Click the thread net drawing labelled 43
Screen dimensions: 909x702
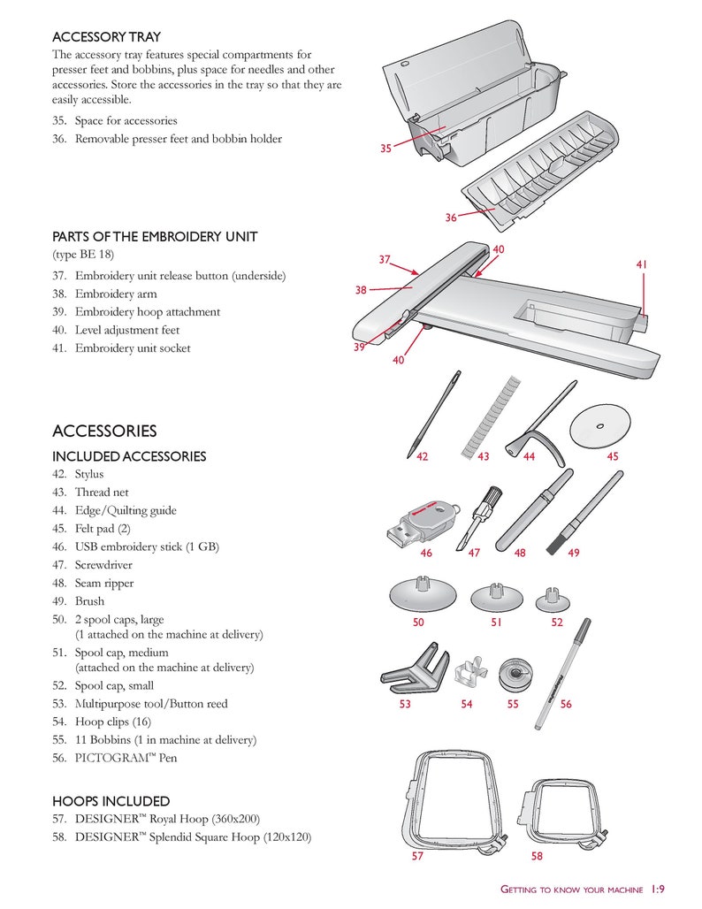pos(488,415)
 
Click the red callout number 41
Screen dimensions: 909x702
pos(642,264)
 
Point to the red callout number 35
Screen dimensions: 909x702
pos(385,149)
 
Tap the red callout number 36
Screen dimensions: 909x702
pos(451,218)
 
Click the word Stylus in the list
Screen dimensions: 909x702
pos(89,474)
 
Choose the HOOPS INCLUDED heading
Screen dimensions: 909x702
pos(111,801)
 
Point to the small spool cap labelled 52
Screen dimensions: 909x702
pos(554,600)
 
